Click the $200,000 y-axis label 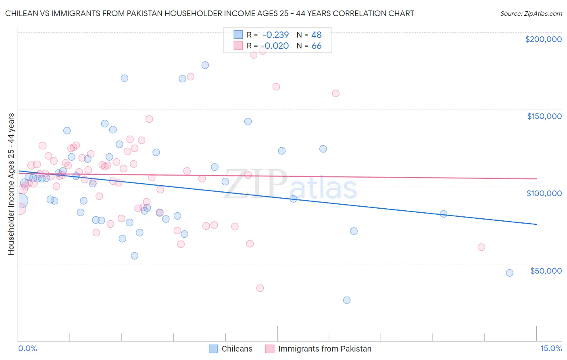[x=543, y=39]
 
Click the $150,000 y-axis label [x=544, y=116]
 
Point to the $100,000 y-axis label [x=544, y=193]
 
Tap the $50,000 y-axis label [x=546, y=270]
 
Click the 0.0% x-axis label [x=27, y=348]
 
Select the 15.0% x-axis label [x=551, y=348]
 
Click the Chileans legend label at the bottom [x=237, y=349]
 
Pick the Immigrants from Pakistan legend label [x=325, y=349]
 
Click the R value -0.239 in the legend [x=275, y=35]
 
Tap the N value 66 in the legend [x=317, y=46]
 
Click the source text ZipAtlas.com [x=531, y=14]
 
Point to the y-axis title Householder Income [x=11, y=184]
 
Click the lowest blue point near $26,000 [x=347, y=300]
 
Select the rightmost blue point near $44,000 [x=510, y=273]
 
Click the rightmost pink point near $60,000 [x=481, y=247]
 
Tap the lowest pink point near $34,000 [x=260, y=288]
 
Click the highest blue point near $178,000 [x=205, y=65]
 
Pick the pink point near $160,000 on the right [x=336, y=93]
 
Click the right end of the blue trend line [x=536, y=224]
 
